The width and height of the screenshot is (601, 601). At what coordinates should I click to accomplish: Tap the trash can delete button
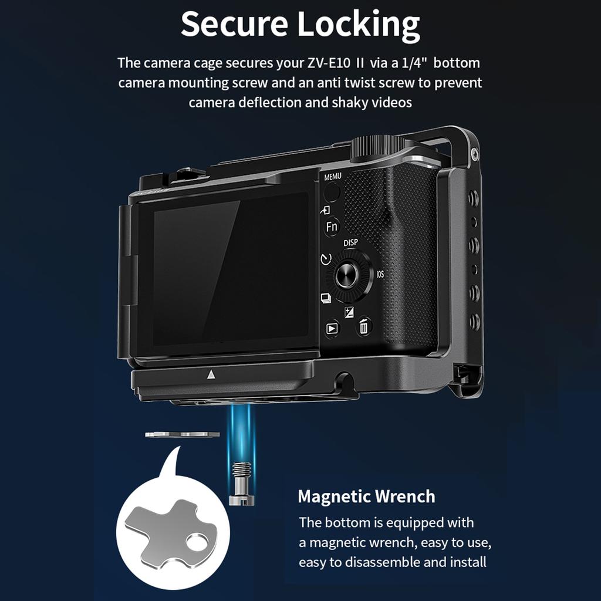click(x=364, y=326)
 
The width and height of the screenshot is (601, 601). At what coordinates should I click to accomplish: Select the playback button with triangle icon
click(x=332, y=329)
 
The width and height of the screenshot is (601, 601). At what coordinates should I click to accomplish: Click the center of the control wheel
click(x=346, y=276)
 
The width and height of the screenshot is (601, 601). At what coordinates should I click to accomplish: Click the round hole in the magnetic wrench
click(x=198, y=542)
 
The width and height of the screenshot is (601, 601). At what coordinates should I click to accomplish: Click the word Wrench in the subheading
click(x=407, y=497)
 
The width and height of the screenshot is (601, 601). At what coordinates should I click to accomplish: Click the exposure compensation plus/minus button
click(x=349, y=312)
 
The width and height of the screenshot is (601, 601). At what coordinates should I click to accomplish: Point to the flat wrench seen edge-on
click(x=182, y=435)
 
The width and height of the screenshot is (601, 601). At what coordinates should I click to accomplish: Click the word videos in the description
click(x=390, y=102)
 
